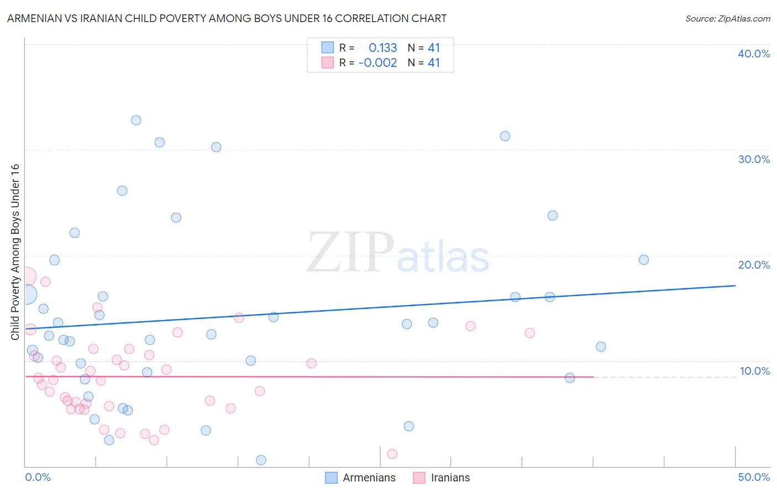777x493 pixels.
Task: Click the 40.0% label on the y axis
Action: (x=754, y=54)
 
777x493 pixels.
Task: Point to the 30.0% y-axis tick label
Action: (x=754, y=159)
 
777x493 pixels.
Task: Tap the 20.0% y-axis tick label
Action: (x=754, y=265)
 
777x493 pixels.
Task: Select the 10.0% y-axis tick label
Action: (x=755, y=371)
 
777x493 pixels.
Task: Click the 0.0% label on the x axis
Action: (x=38, y=477)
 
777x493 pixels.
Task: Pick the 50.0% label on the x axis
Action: (x=754, y=477)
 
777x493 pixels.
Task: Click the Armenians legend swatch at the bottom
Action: (x=331, y=478)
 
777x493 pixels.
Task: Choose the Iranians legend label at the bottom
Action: (x=450, y=478)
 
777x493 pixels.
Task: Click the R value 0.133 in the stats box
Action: (x=382, y=48)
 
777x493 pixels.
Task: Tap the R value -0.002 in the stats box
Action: (x=377, y=63)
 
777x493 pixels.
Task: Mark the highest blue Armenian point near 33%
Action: (x=136, y=120)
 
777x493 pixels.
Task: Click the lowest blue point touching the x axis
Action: (x=261, y=460)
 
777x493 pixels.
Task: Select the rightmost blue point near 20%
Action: (x=643, y=260)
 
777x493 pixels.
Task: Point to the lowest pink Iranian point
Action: (x=392, y=454)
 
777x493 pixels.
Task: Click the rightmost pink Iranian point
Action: (x=529, y=333)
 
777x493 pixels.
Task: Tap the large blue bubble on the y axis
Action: (x=27, y=295)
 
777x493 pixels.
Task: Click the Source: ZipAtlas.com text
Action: (x=727, y=19)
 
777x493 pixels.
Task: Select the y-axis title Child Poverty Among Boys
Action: (x=15, y=252)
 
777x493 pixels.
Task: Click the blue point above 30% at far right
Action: (x=505, y=136)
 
